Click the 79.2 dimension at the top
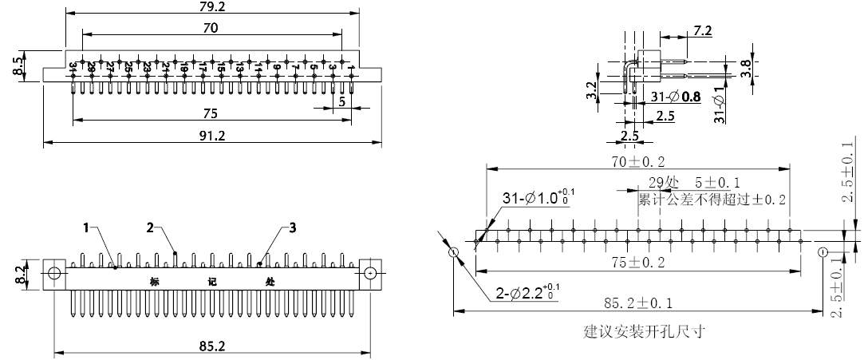point(211,7)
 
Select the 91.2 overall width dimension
point(212,136)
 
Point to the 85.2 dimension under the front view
point(211,346)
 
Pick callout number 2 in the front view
point(149,227)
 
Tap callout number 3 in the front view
point(293,228)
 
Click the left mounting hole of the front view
point(54,273)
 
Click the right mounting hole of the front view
point(371,273)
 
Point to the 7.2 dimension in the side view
point(703,30)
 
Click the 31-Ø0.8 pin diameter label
point(676,97)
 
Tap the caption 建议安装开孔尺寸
point(645,330)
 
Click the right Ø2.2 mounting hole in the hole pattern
point(823,252)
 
